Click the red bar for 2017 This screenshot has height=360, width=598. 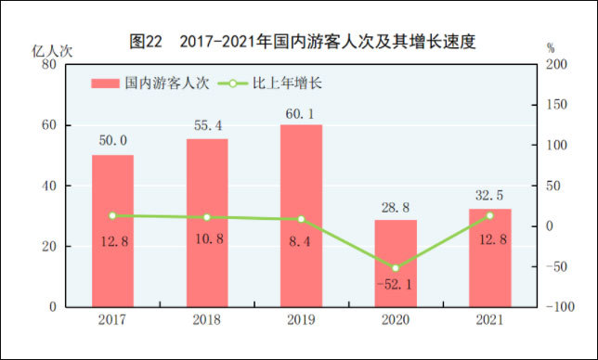coord(112,231)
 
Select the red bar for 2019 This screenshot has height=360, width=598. coord(301,215)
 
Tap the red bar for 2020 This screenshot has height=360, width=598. coord(396,264)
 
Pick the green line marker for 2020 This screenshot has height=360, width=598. coord(396,268)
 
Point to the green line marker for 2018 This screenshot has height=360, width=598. coord(207,217)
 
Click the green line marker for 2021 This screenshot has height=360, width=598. coord(490,215)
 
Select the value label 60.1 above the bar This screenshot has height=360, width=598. coord(300,113)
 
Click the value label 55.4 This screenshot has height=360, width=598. coord(208,125)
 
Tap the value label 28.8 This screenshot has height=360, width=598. coord(396,208)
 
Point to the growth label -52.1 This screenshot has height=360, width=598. coord(395,284)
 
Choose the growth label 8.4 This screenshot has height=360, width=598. coord(300,241)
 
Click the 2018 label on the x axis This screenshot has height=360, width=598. coord(207,319)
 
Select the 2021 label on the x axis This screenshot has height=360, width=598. coord(489,319)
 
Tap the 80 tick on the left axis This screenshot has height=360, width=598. coord(49,64)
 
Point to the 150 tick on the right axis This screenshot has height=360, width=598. coord(556,105)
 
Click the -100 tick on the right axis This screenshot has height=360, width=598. coord(560,307)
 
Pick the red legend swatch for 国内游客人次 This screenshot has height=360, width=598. coord(105,84)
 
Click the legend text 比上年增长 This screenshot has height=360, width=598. coord(288,84)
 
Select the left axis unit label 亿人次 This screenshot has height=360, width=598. coord(52,51)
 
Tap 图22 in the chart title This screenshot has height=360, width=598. coord(146,41)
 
